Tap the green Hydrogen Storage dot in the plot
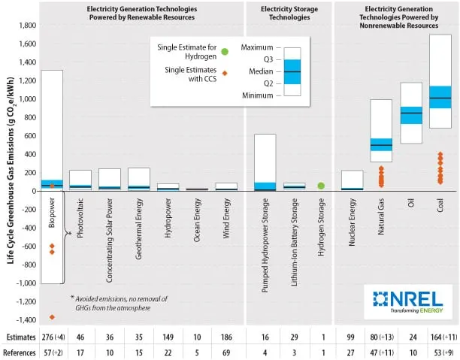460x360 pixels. (x=321, y=186)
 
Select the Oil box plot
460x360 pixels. (x=410, y=113)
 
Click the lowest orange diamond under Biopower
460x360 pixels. (x=52, y=317)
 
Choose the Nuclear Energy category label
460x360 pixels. (x=352, y=226)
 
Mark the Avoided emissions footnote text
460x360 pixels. (x=119, y=302)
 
